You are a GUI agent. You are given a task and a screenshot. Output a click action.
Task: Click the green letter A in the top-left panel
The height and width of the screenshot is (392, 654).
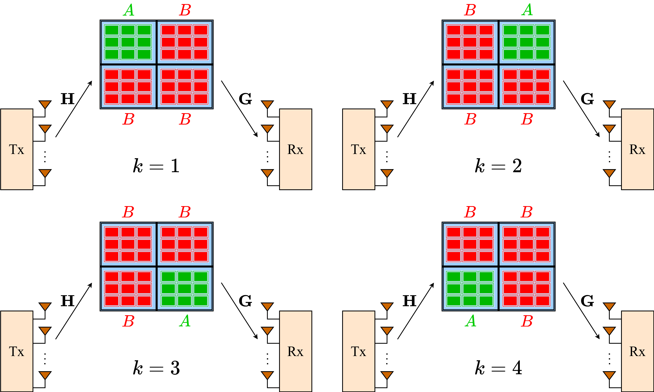pyautogui.click(x=129, y=10)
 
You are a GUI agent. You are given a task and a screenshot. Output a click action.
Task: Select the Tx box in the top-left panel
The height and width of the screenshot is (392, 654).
pyautogui.click(x=17, y=149)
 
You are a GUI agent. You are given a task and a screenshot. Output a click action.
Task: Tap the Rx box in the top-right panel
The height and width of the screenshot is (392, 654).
pyautogui.click(x=637, y=149)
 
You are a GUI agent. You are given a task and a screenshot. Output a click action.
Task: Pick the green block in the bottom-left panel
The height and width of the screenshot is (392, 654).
pyautogui.click(x=185, y=289)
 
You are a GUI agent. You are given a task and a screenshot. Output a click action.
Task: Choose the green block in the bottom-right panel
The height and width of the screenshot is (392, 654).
pyautogui.click(x=470, y=289)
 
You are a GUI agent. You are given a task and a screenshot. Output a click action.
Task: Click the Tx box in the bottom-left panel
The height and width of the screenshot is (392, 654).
pyautogui.click(x=17, y=351)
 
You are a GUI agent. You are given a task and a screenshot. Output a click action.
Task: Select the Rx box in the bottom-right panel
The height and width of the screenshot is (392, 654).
pyautogui.click(x=637, y=351)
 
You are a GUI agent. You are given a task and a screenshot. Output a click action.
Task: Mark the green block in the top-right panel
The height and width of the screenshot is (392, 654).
pyautogui.click(x=527, y=42)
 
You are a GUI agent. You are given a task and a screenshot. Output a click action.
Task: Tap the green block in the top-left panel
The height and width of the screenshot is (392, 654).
pyautogui.click(x=128, y=42)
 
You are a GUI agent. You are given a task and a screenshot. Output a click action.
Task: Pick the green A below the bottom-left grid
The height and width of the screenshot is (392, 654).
pyautogui.click(x=185, y=321)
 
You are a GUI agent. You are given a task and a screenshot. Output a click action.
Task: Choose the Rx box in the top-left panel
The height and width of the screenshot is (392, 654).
pyautogui.click(x=295, y=149)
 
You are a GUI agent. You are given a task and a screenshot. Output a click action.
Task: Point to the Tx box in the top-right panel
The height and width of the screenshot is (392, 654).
pyautogui.click(x=359, y=149)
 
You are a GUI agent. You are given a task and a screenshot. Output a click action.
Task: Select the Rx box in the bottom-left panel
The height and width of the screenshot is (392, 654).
pyautogui.click(x=295, y=351)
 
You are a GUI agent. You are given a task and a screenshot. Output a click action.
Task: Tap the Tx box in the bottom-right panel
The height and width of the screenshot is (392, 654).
pyautogui.click(x=359, y=351)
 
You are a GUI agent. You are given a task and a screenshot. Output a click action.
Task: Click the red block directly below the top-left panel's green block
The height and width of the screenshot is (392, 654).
pyautogui.click(x=128, y=87)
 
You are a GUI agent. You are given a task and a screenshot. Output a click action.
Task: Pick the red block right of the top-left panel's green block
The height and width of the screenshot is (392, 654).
pyautogui.click(x=185, y=42)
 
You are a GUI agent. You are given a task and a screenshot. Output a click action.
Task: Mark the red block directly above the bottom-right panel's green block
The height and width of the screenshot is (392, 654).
pyautogui.click(x=470, y=244)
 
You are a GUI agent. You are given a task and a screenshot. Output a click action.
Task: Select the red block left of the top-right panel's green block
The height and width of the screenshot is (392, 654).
pyautogui.click(x=470, y=42)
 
